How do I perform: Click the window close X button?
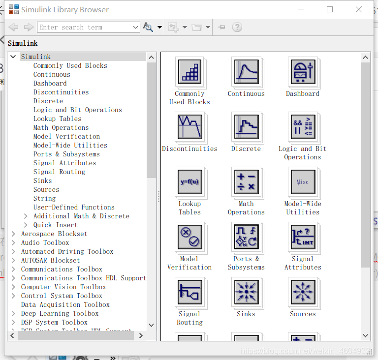point(359,9)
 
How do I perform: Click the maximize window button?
point(330,9)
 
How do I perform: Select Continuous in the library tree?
point(52,75)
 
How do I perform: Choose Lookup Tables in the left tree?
point(57,119)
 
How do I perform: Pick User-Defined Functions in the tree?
point(74,208)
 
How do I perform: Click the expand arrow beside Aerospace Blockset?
point(13,234)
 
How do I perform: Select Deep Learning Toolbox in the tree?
point(60,314)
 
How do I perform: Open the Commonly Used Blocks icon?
point(189,71)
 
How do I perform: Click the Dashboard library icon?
point(303,71)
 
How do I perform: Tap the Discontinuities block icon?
point(189,126)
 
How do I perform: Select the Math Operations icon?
point(246,181)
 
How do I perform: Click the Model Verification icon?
point(189,237)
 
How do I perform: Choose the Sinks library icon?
point(246,292)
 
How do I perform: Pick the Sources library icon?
point(303,292)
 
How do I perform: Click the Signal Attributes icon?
point(303,237)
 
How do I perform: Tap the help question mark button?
point(237,28)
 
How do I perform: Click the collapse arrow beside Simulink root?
point(13,57)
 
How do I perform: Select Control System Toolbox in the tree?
point(62,296)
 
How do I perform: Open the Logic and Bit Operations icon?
point(303,126)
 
